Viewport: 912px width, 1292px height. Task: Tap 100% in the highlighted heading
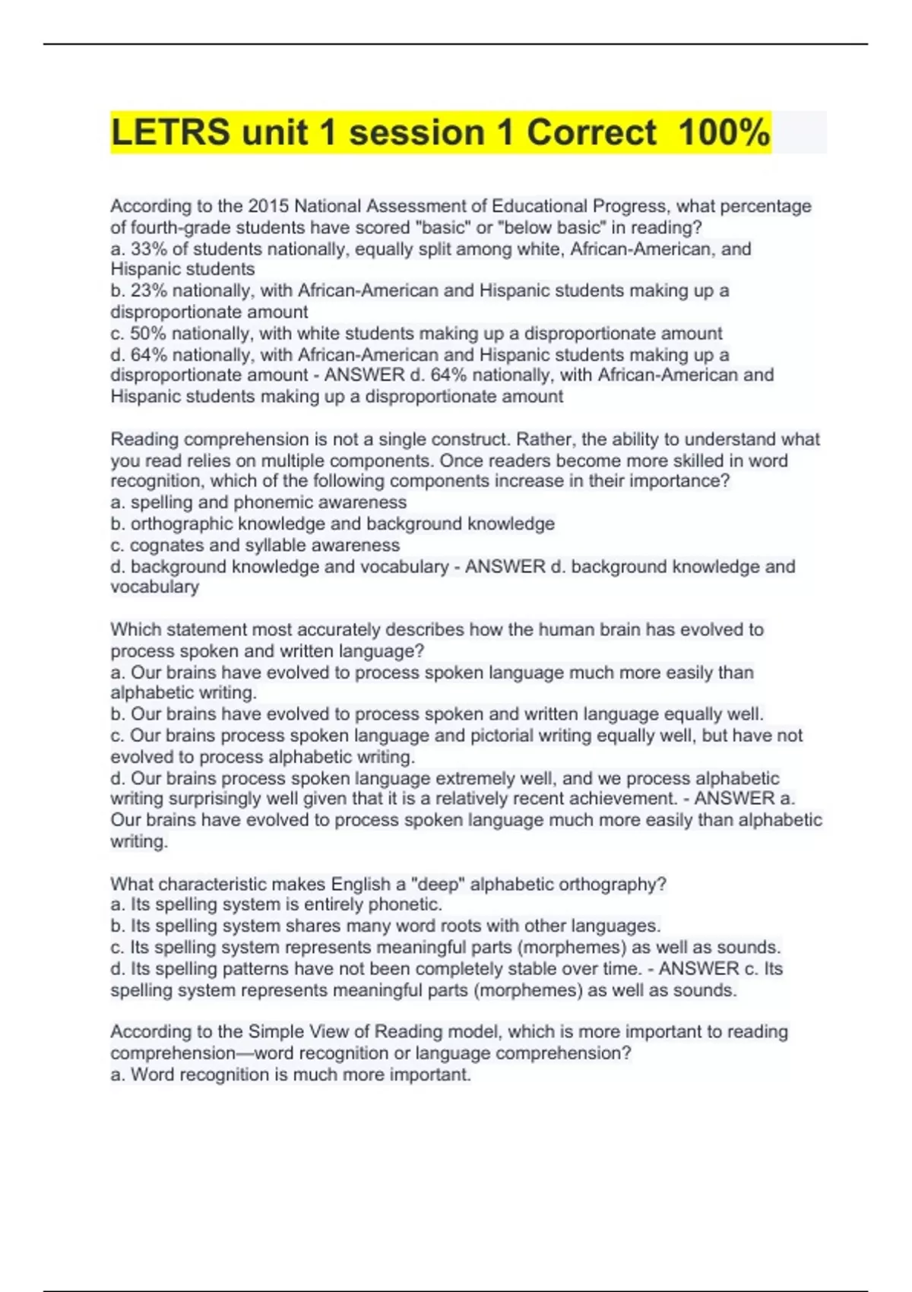[724, 132]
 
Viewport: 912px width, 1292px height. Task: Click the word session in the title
[416, 132]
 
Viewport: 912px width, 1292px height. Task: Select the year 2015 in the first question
[268, 206]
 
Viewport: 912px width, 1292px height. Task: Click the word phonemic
[273, 502]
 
